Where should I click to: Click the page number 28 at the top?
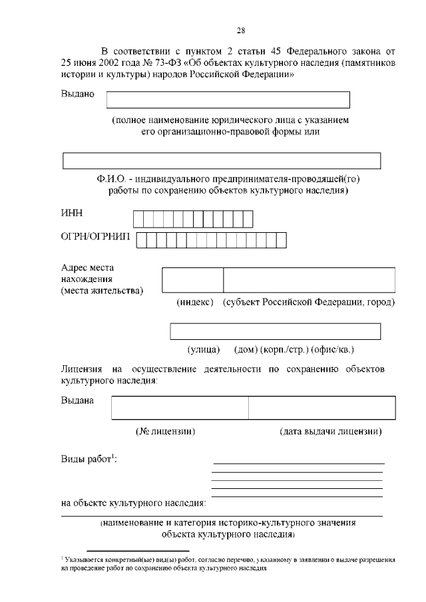point(241,30)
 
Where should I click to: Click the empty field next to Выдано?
point(228,99)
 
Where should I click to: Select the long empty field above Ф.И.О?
point(221,161)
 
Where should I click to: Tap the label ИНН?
point(72,213)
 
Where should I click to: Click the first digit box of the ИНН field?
point(138,220)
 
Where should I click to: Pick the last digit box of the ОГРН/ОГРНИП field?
point(280,240)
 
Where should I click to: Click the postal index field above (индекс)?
point(192,279)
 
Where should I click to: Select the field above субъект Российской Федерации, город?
point(309,279)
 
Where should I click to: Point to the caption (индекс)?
point(194,303)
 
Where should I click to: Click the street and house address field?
point(275,331)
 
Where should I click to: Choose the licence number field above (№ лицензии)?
point(180,408)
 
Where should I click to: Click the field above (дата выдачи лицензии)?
point(321,408)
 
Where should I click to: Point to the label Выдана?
point(77,400)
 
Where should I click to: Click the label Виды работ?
point(87,459)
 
